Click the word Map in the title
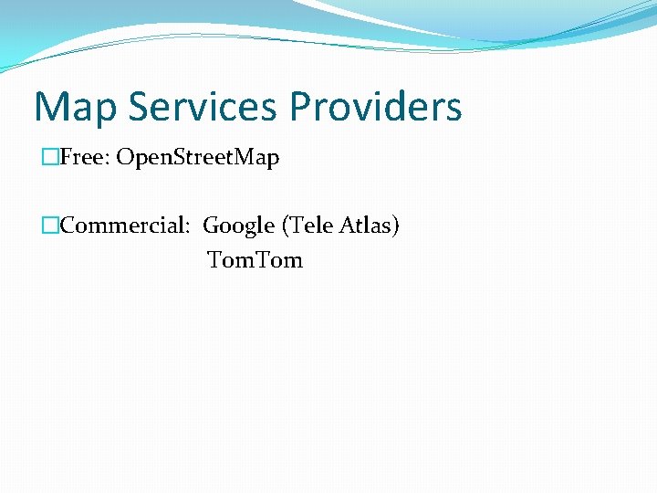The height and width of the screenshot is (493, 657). [x=77, y=108]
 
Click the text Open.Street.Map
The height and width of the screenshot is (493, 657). [x=197, y=159]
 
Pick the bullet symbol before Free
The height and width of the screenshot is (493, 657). [x=50, y=158]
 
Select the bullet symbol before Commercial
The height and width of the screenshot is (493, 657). [x=50, y=226]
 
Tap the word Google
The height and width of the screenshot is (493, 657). [x=238, y=226]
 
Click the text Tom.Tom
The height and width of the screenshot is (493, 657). [x=255, y=260]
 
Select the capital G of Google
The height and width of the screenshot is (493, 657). [x=212, y=226]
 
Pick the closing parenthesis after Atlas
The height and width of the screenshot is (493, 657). [x=396, y=226]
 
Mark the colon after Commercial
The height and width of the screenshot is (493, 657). [x=192, y=228]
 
